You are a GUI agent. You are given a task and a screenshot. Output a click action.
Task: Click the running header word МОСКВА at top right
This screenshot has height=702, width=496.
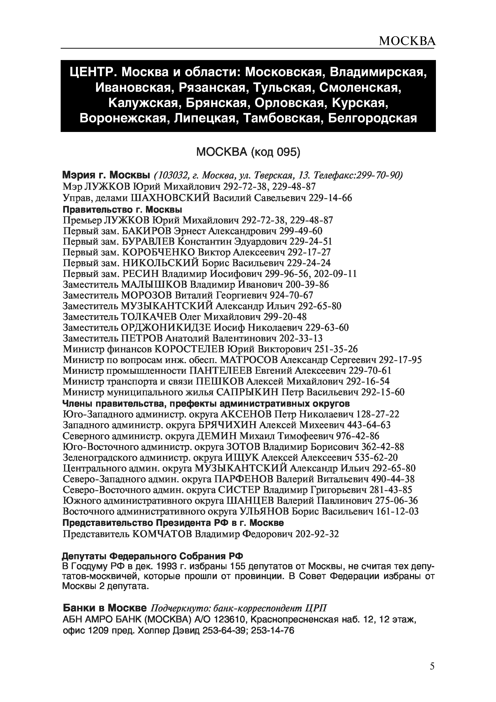(x=407, y=41)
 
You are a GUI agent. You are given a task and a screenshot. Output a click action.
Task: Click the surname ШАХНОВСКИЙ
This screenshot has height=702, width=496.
(x=170, y=198)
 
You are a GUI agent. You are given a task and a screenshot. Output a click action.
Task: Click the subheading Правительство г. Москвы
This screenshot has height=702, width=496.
(x=122, y=210)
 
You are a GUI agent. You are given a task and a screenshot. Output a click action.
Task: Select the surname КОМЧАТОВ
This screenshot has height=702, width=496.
(x=162, y=534)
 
